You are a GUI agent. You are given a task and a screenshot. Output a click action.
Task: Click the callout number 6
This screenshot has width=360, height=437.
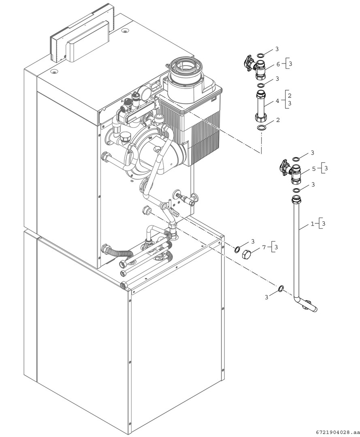278,64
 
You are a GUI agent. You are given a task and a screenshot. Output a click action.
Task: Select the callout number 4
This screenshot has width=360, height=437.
277,100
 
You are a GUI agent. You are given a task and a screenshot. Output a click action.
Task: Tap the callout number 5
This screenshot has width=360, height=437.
313,168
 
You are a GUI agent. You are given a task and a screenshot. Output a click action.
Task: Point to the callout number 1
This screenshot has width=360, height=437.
312,223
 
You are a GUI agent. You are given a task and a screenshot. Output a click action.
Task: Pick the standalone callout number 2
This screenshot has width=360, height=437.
277,120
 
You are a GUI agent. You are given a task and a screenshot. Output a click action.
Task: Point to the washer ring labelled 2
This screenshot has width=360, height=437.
262,128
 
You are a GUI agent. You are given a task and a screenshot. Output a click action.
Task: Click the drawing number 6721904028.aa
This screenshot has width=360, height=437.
335,432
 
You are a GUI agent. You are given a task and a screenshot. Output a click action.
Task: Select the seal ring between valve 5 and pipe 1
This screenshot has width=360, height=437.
297,190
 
